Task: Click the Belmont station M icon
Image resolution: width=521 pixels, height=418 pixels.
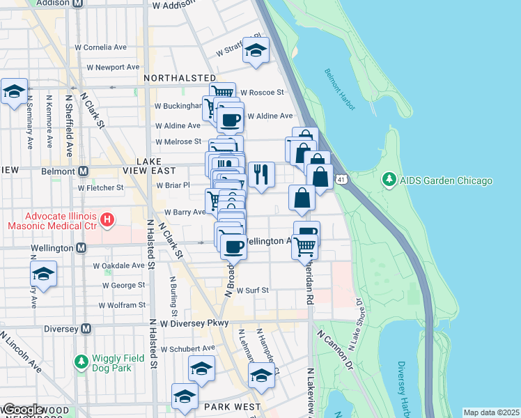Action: [x=84, y=171]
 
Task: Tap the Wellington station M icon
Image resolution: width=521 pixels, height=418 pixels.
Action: [x=81, y=248]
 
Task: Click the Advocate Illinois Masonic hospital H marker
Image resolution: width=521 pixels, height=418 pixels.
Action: [x=107, y=221]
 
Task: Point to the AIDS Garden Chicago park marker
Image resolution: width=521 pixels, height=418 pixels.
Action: [x=389, y=180]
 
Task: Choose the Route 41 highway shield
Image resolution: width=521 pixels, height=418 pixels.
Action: [x=341, y=180]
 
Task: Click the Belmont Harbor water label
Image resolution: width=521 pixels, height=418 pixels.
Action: [x=340, y=90]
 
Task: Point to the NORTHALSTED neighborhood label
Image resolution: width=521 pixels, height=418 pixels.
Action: [x=180, y=79]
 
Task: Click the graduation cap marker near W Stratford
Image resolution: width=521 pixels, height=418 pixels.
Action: [x=256, y=51]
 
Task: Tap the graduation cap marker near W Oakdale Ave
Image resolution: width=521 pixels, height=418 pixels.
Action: [x=43, y=274]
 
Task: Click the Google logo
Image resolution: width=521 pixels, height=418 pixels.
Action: [x=22, y=410]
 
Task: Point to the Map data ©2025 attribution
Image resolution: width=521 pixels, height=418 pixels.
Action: [x=491, y=412]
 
